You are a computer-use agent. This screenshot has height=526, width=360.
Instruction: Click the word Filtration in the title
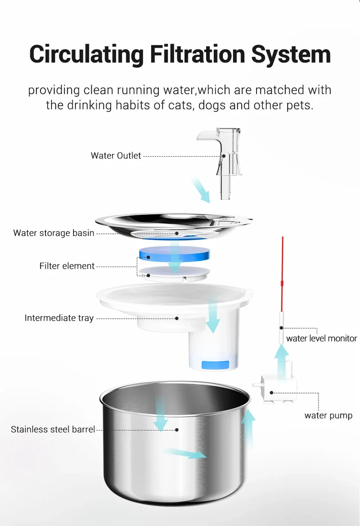click(x=198, y=54)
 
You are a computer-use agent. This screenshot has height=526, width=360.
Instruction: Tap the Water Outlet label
click(x=116, y=156)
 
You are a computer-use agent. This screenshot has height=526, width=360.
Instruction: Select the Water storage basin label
click(x=54, y=233)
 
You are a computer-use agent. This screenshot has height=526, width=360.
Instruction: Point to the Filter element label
click(x=67, y=266)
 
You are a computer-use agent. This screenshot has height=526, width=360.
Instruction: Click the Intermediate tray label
click(x=59, y=318)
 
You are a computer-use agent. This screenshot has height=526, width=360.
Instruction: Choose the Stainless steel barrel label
click(x=53, y=429)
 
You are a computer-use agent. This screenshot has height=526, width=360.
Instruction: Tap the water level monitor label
click(x=321, y=338)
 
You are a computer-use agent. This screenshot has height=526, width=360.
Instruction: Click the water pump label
click(x=328, y=416)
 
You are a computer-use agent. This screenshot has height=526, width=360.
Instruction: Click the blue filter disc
click(x=174, y=254)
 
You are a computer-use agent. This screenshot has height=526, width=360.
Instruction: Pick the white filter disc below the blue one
click(x=174, y=273)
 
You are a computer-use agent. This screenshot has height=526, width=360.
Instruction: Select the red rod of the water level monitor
click(x=282, y=274)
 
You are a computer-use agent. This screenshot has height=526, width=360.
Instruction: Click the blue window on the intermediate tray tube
click(x=215, y=365)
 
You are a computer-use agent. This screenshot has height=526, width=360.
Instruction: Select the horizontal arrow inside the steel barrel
click(x=184, y=453)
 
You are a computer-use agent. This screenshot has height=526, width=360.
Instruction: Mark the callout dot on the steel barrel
click(x=177, y=430)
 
